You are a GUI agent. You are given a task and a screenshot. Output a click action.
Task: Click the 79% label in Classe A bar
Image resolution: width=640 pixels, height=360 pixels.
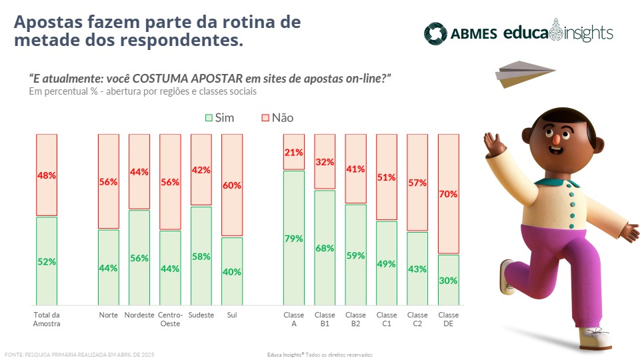click(x=294, y=238)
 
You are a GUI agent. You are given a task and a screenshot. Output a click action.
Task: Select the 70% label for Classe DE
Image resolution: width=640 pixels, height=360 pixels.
click(x=448, y=194)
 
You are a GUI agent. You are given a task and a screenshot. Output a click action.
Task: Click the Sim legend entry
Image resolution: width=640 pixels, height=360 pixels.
click(x=219, y=117)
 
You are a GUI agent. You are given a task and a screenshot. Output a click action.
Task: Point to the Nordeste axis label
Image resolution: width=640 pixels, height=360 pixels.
click(x=139, y=315)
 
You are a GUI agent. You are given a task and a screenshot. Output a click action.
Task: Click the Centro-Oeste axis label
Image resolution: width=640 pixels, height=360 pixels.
click(x=170, y=319)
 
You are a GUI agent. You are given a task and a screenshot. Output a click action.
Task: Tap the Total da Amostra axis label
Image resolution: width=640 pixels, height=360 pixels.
click(x=47, y=319)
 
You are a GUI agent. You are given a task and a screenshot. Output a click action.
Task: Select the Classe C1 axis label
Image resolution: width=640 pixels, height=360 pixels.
click(x=387, y=319)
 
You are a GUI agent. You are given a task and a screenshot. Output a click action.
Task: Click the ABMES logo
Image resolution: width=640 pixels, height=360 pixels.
click(x=461, y=33)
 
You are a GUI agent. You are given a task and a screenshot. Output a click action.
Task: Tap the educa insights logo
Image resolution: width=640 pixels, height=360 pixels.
click(x=558, y=32)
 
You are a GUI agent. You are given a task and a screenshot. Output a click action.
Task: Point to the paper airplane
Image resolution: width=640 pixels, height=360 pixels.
click(x=523, y=73)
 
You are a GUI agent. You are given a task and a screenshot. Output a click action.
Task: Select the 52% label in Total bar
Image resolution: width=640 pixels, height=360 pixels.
click(x=47, y=262)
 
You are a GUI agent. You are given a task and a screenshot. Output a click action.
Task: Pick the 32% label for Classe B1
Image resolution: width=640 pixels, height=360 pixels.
click(x=325, y=161)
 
